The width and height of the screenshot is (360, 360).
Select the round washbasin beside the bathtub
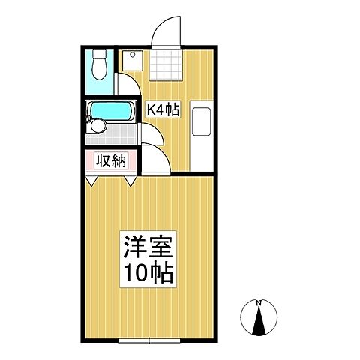96,128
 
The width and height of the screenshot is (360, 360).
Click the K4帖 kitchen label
162,110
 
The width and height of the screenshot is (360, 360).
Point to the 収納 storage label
110,160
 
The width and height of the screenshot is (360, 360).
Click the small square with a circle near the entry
133,57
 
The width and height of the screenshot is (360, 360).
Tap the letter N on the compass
259,302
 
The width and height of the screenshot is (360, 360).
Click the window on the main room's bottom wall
149,340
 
